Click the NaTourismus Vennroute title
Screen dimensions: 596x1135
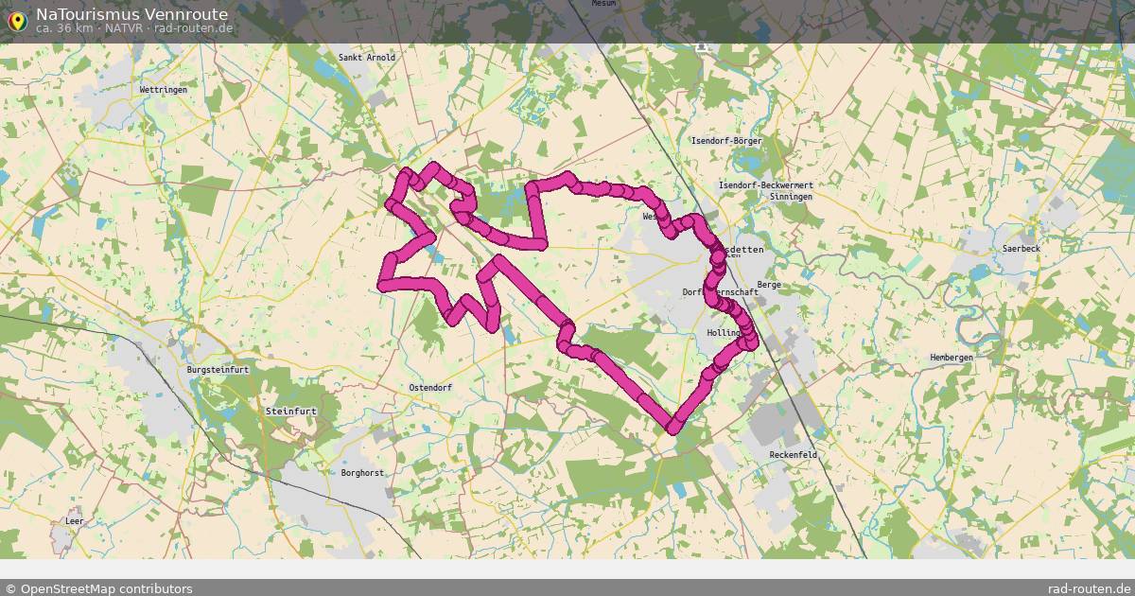click(x=131, y=14)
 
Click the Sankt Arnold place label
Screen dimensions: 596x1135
click(x=367, y=58)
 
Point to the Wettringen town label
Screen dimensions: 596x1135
click(x=164, y=89)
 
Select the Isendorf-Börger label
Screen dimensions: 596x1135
click(x=726, y=141)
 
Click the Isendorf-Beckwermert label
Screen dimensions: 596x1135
click(x=766, y=185)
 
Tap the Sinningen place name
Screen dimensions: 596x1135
click(x=791, y=197)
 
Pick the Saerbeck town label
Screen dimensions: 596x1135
click(x=1021, y=249)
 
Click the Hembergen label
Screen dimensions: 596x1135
click(x=952, y=358)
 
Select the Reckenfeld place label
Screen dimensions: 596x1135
click(x=794, y=455)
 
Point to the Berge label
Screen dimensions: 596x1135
click(x=768, y=284)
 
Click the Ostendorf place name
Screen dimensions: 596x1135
click(x=430, y=388)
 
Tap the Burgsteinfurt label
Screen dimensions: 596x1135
click(x=218, y=370)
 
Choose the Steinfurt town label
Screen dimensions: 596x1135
click(x=290, y=412)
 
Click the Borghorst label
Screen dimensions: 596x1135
click(x=362, y=472)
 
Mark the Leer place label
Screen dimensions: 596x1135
click(x=75, y=521)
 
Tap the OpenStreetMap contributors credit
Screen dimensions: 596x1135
click(x=98, y=588)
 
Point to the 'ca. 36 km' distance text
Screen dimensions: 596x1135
click(x=64, y=28)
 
